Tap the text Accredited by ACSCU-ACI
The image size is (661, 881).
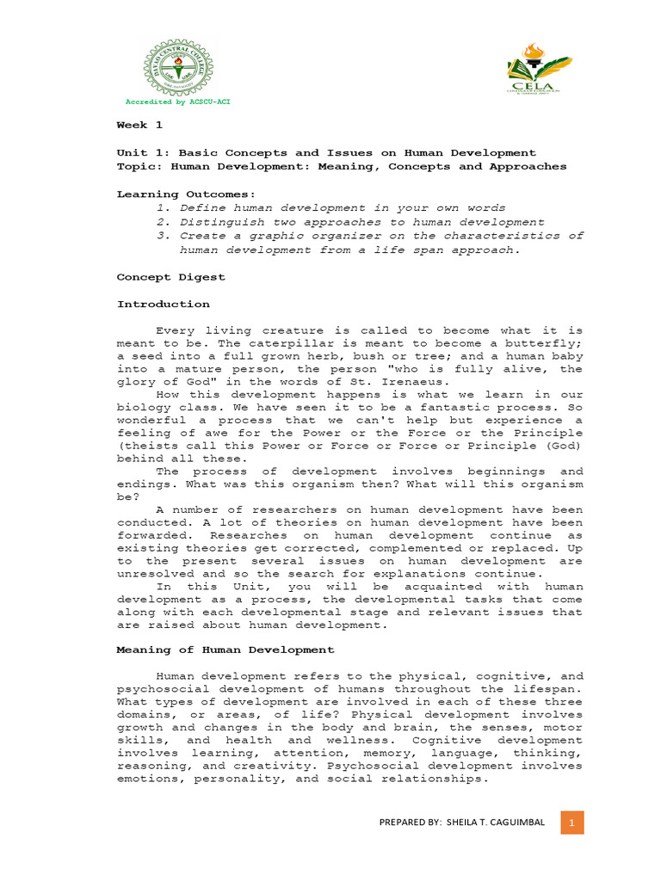coord(178,102)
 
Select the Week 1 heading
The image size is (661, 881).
coord(139,126)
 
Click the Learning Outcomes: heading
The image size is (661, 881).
coord(186,194)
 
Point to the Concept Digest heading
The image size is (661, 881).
coord(170,277)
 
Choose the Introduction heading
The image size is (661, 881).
coord(163,305)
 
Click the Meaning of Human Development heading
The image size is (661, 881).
coord(225,650)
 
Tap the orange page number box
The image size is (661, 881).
coord(571,822)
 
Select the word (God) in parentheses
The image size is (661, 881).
coord(565,447)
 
